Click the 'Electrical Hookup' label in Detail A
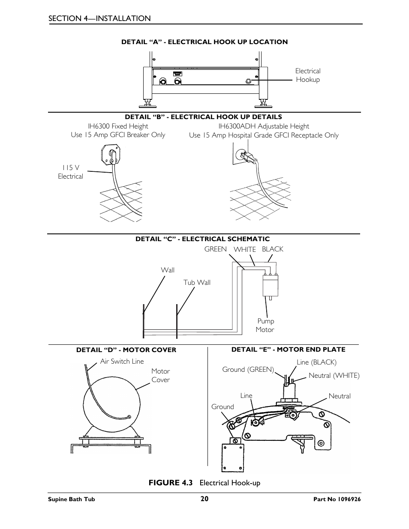[307, 75]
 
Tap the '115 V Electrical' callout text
[70, 172]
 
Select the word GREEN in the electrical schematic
[215, 249]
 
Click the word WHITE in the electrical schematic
[244, 249]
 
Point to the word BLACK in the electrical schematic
[272, 249]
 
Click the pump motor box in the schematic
[270, 285]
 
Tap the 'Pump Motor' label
[265, 325]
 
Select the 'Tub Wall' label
[197, 282]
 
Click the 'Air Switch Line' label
[122, 361]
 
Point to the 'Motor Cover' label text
[160, 375]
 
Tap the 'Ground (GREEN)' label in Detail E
[248, 369]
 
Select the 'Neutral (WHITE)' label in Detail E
[334, 375]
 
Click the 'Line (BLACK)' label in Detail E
[316, 362]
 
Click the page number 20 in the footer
[204, 499]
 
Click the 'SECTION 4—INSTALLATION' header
[99, 18]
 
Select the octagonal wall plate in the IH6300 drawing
[110, 154]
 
